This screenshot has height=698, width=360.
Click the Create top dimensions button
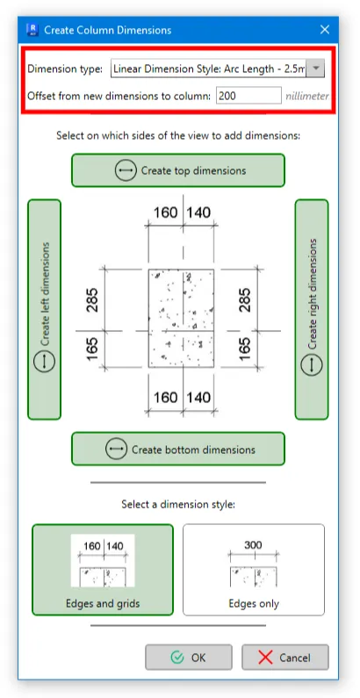(178, 170)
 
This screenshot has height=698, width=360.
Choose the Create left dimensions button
(44, 309)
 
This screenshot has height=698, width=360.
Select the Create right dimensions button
(312, 309)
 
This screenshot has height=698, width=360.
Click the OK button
(189, 657)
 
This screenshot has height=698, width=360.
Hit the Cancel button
(285, 657)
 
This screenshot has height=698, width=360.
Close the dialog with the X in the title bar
(325, 30)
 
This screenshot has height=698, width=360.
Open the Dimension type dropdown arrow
(315, 68)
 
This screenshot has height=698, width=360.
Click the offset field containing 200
(248, 96)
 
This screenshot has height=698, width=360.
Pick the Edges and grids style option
(103, 569)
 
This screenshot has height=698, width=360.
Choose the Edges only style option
(254, 569)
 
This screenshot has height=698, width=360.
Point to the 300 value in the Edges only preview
(253, 545)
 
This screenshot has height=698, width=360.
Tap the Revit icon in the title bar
(32, 30)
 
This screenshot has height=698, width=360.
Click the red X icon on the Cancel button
(265, 658)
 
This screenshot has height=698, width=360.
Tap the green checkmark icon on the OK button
(177, 658)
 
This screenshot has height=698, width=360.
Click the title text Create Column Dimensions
(108, 30)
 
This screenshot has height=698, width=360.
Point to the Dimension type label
(65, 69)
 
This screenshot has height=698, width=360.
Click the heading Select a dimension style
(178, 504)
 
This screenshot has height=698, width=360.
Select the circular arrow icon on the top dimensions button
(126, 170)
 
